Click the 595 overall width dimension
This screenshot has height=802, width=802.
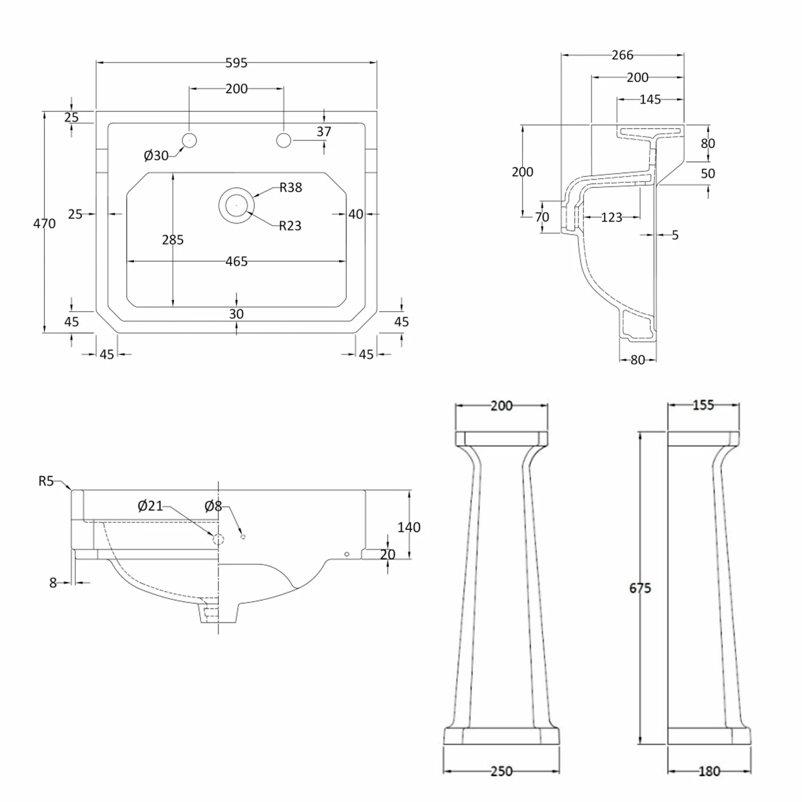click(x=236, y=63)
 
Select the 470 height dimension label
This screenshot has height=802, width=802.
click(x=44, y=223)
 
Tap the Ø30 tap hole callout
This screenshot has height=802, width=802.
click(x=156, y=156)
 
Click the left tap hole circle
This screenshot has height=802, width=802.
click(x=189, y=140)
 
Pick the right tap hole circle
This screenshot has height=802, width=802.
click(x=283, y=140)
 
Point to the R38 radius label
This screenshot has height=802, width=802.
click(x=291, y=188)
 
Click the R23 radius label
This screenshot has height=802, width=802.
click(x=290, y=226)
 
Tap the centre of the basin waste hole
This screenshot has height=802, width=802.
click(x=236, y=205)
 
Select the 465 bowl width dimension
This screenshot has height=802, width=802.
click(x=236, y=261)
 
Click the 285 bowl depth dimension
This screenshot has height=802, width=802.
click(x=173, y=240)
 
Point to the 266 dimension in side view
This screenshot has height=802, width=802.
click(x=622, y=55)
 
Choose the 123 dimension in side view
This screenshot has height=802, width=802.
click(x=611, y=218)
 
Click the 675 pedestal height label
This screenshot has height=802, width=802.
click(x=640, y=588)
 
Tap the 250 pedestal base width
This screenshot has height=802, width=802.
click(x=501, y=771)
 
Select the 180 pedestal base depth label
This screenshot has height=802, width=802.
click(x=709, y=771)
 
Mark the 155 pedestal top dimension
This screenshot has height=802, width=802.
click(x=703, y=405)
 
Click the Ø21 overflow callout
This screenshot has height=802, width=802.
click(x=150, y=506)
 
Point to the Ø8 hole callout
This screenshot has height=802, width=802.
click(x=213, y=506)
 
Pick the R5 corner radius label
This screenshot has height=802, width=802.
click(x=47, y=481)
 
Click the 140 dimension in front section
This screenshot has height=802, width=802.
click(x=409, y=527)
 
